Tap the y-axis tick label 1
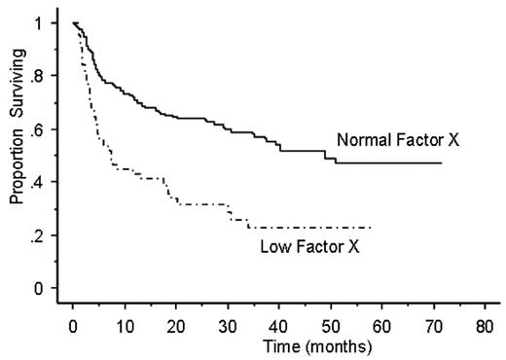[39, 23]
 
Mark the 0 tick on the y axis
[39, 289]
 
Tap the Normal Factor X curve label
[398, 140]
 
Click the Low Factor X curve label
[309, 247]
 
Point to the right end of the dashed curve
[372, 227]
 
